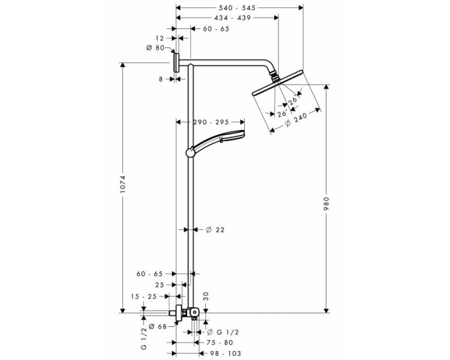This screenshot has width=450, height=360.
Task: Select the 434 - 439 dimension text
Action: coord(232,18)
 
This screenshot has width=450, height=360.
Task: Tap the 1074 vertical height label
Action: coord(123,184)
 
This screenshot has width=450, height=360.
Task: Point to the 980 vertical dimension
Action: coord(326,203)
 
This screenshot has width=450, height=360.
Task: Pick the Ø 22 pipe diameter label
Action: coord(215,230)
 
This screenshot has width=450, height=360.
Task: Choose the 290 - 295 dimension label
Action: coord(211,122)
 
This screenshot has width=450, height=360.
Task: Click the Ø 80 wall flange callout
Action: coord(155,47)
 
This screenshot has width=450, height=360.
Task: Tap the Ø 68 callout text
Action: coord(158,326)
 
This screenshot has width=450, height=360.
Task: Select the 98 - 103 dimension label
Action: coord(225,353)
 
